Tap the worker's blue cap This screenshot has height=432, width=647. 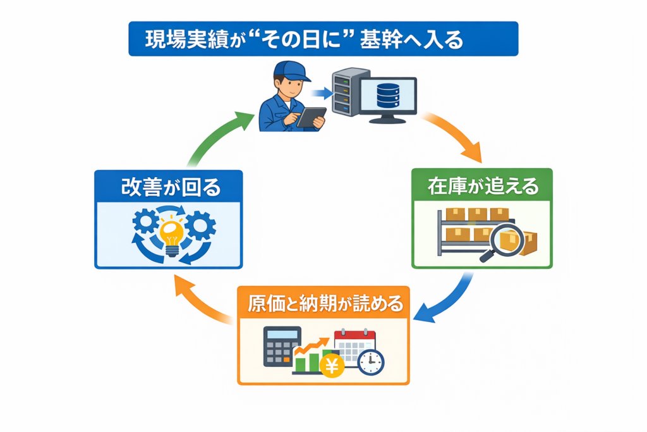[x=292, y=71]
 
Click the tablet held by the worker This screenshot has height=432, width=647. [x=311, y=117]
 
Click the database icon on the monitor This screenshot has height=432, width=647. [x=388, y=96]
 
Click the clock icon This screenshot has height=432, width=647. [x=370, y=362]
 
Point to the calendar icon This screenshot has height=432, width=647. [x=354, y=345]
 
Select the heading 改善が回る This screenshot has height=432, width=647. [x=168, y=187]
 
